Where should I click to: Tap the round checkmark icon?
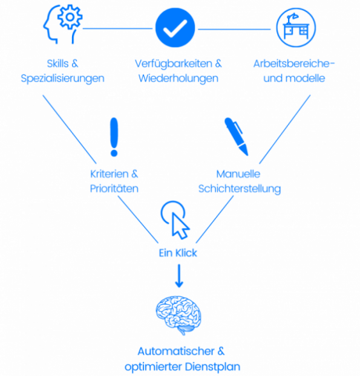175,28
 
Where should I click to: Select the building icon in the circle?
296,28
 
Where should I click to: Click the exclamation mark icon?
114,137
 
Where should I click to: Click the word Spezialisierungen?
62,79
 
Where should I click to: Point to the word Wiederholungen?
178,79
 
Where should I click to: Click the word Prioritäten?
114,189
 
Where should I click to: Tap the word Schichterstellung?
240,189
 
